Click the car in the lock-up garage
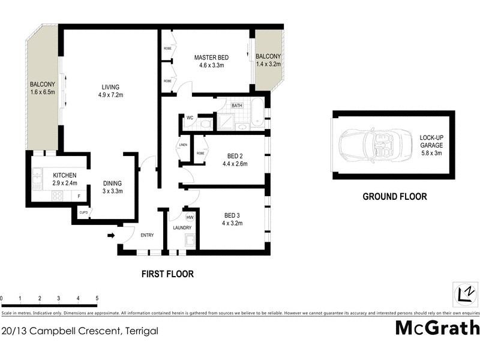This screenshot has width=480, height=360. [371, 145]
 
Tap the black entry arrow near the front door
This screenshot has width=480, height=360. [111, 235]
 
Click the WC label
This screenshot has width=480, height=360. [189, 117]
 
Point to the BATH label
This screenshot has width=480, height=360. [237, 106]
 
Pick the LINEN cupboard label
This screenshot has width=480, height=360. [182, 145]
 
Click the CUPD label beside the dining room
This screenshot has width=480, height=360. [83, 211]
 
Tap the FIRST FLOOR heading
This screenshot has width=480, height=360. [167, 274]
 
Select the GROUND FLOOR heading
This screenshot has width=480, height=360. [394, 196]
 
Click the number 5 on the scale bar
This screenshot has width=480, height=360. [97, 298]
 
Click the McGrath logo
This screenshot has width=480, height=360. [437, 328]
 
